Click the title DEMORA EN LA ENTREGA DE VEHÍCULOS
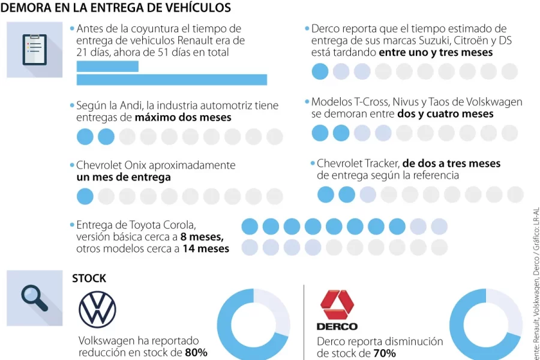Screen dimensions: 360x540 coord(116,8)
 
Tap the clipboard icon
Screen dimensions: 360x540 coord(34,50)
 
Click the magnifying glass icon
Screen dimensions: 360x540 coord(34,298)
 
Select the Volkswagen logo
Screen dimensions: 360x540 coord(97,310)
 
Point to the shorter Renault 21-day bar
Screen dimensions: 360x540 coord(107,66)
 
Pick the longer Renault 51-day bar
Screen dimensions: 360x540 coord(172,79)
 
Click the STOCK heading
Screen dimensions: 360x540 coord(89,278)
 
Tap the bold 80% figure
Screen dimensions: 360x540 coord(196,353)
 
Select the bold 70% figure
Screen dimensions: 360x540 coord(384,353)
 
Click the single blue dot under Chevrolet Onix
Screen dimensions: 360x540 coord(85,196)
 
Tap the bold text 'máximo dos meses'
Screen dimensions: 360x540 coord(183,118)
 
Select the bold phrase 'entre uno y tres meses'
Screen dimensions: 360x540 coord(436,53)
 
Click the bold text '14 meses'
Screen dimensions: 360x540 coord(206,248)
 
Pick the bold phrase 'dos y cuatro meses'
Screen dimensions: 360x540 coord(445,114)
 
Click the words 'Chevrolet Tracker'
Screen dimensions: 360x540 coord(358,163)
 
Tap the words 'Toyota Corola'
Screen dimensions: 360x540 coord(162,225)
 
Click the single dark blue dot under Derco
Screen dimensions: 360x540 coord(320,72)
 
